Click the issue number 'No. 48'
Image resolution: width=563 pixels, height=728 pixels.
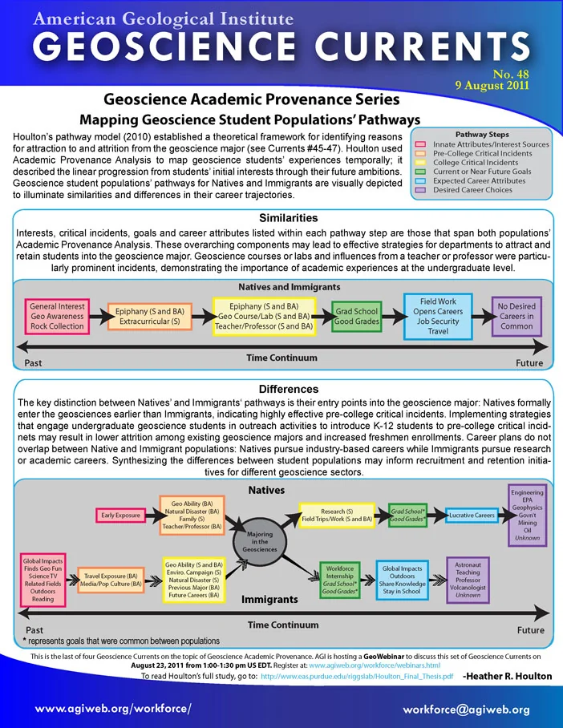pyautogui.click(x=511, y=75)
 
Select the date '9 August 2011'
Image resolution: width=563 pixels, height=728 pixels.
pyautogui.click(x=492, y=86)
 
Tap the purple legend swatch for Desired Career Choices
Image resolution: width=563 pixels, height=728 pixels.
pyautogui.click(x=420, y=190)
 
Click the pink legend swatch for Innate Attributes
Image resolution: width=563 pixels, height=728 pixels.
pyautogui.click(x=420, y=144)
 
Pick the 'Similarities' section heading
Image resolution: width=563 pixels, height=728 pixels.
pyautogui.click(x=289, y=218)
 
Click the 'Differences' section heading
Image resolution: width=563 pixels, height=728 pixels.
pyautogui.click(x=289, y=389)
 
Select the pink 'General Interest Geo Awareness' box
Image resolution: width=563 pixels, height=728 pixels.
pyautogui.click(x=57, y=316)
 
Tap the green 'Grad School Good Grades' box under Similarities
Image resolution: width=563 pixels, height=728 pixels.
pyautogui.click(x=357, y=316)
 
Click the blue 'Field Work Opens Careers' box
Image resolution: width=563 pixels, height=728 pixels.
pyautogui.click(x=438, y=316)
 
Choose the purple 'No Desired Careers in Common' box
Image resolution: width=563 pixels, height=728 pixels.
pyautogui.click(x=516, y=316)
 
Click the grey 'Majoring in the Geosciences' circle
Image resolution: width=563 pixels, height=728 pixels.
pyautogui.click(x=260, y=541)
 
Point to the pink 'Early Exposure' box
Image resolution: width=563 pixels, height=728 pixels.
pyautogui.click(x=121, y=516)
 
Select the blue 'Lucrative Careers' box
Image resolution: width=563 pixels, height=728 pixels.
pyautogui.click(x=472, y=516)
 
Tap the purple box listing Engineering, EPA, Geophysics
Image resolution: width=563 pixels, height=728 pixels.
pyautogui.click(x=527, y=516)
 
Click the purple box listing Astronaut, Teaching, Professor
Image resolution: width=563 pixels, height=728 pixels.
pyautogui.click(x=468, y=580)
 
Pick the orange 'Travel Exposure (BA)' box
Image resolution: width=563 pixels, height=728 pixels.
pyautogui.click(x=111, y=580)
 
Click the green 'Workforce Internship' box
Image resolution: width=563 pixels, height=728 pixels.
pyautogui.click(x=339, y=580)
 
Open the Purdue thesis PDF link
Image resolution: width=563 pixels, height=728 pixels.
pyautogui.click(x=357, y=676)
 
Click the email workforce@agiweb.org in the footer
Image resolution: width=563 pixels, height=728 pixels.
pyautogui.click(x=466, y=710)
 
